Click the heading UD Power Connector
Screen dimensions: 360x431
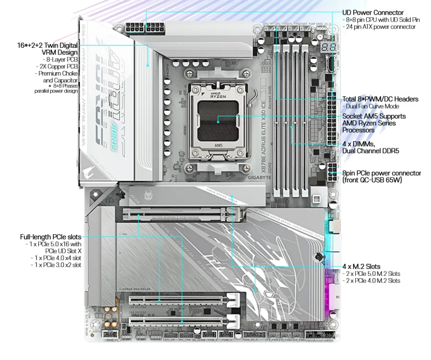(373, 12)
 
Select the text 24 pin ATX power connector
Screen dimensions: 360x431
(381, 27)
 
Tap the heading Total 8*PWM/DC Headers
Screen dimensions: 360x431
(380, 99)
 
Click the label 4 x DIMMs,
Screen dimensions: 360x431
(358, 144)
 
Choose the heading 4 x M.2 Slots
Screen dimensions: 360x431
(361, 266)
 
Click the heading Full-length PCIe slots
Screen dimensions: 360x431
(50, 236)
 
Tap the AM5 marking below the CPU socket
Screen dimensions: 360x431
(218, 145)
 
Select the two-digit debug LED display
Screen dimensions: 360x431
(329, 48)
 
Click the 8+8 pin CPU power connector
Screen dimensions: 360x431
(145, 27)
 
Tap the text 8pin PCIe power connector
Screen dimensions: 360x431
(381, 173)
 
